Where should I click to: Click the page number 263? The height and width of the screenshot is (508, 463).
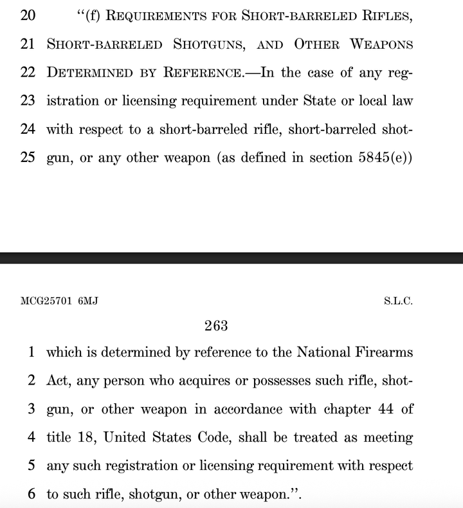[216, 326]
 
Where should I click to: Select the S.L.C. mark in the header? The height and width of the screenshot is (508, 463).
[399, 301]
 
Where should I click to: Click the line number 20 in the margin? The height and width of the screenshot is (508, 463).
[28, 15]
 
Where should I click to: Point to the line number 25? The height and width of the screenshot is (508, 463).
[28, 158]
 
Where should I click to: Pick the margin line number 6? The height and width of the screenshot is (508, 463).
[32, 494]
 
